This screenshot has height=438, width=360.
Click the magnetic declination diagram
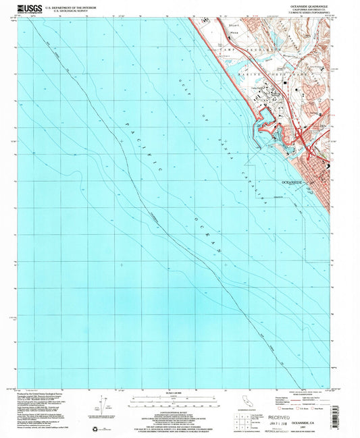[x=100, y=406]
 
